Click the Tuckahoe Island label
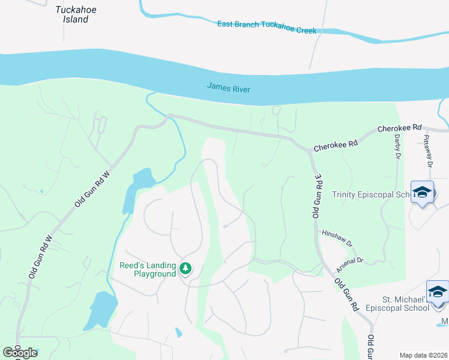pos(76,14)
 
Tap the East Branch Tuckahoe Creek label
pos(267,26)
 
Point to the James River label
pos(228,88)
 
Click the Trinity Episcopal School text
pos(371,195)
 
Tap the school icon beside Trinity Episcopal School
pos(423,192)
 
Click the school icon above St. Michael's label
pos(438,292)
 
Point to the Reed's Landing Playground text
pos(148,269)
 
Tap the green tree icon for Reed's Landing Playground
pos(185,269)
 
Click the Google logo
pos(20,352)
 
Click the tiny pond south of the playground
pos(179,332)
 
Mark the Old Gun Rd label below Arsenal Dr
pos(347,294)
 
